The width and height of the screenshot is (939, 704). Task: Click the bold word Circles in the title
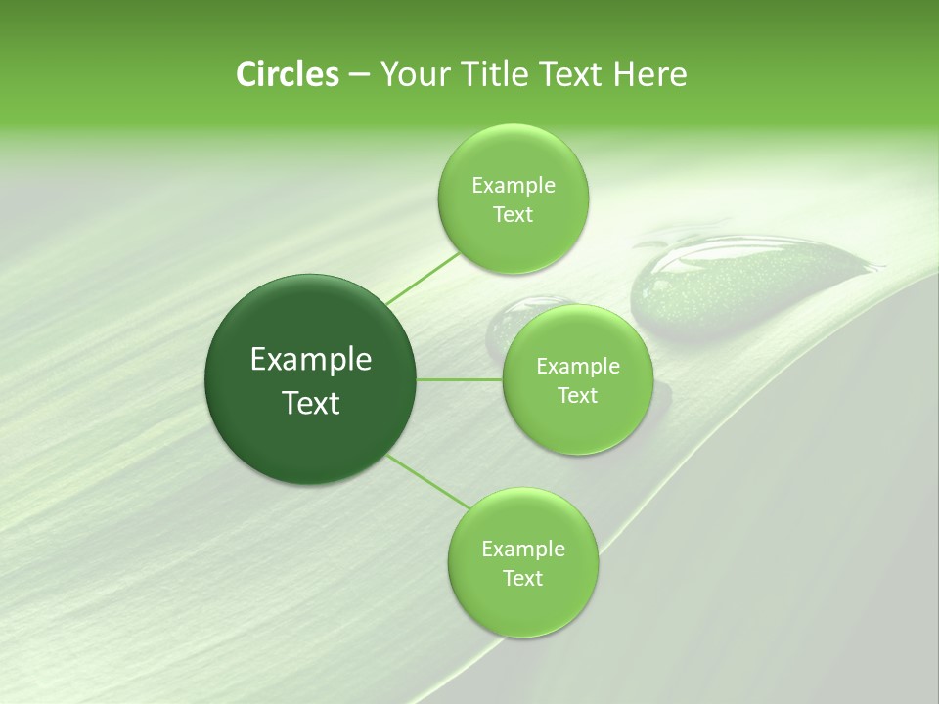coord(287,74)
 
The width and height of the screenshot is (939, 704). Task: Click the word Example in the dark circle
coord(311,360)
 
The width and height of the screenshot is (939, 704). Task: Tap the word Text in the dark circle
coord(311,403)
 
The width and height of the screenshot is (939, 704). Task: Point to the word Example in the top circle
coord(513,186)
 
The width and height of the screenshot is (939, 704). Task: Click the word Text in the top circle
coord(513,215)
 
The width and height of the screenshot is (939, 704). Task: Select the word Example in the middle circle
coord(578,367)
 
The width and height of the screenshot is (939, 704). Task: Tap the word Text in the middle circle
coord(578,396)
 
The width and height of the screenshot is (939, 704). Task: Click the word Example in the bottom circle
coord(522,549)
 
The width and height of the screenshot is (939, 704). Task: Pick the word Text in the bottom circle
coord(522,578)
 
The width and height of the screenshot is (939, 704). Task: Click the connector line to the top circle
coord(423,278)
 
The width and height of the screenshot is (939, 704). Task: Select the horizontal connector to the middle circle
coord(460,379)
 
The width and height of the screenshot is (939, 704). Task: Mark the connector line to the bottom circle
coord(426,480)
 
